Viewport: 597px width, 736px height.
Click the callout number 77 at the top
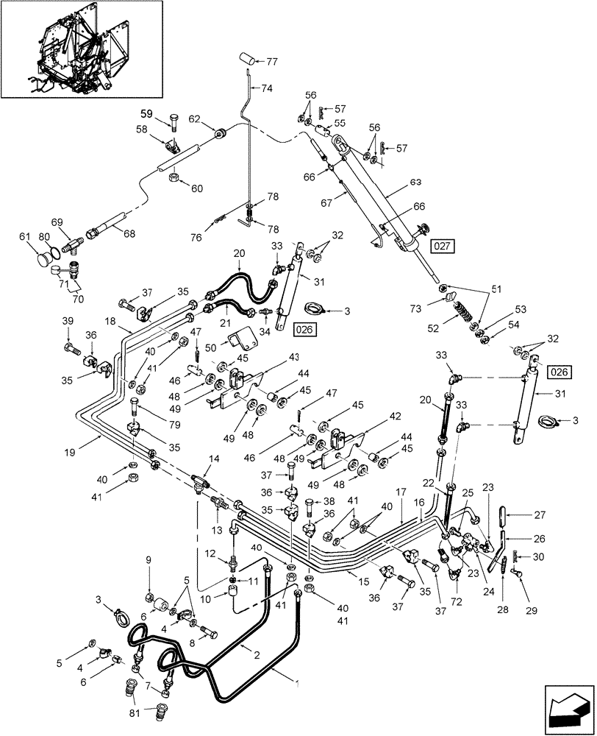[x=272, y=61]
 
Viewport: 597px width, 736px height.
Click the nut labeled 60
[x=176, y=180]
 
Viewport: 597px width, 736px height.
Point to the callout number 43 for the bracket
[x=274, y=357]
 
